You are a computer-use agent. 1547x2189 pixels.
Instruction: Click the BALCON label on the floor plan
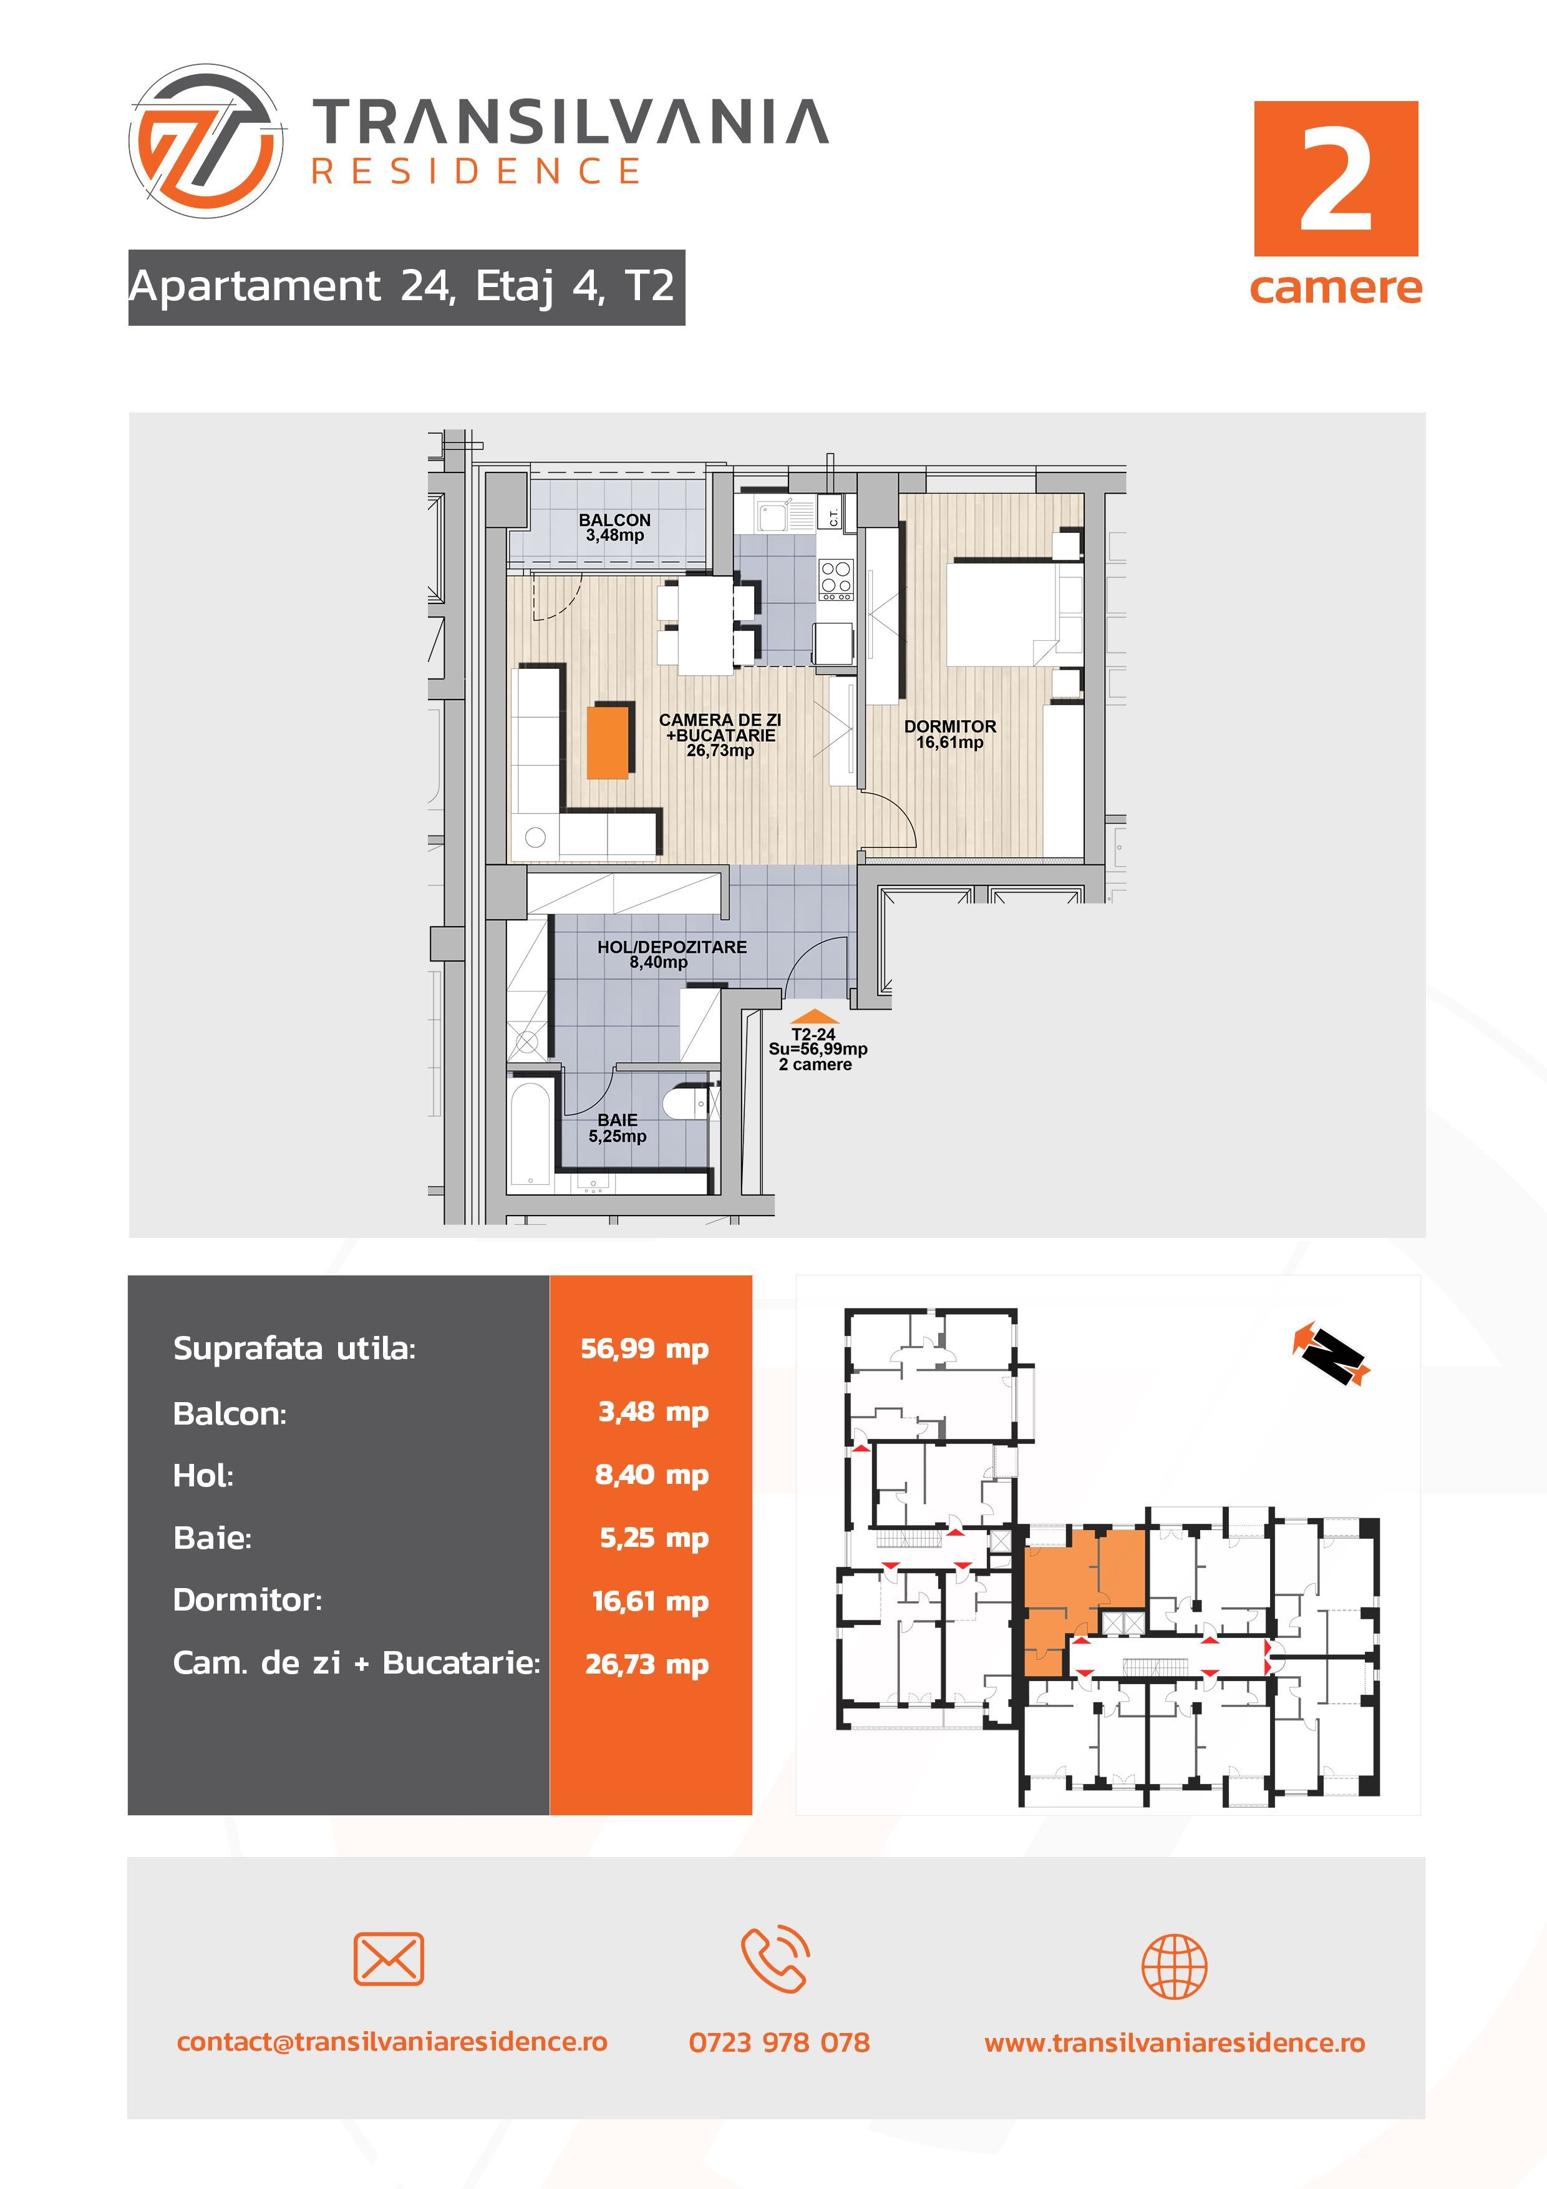615,520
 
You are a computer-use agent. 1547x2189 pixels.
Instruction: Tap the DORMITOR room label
949,726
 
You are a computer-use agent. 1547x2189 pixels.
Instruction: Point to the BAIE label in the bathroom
618,1120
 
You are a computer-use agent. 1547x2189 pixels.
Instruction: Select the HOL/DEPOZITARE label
672,947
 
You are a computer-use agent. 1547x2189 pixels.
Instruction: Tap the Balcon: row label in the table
230,1413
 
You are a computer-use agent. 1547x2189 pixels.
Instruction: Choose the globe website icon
1175,1966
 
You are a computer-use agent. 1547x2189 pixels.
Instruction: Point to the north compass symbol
1332,1352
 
